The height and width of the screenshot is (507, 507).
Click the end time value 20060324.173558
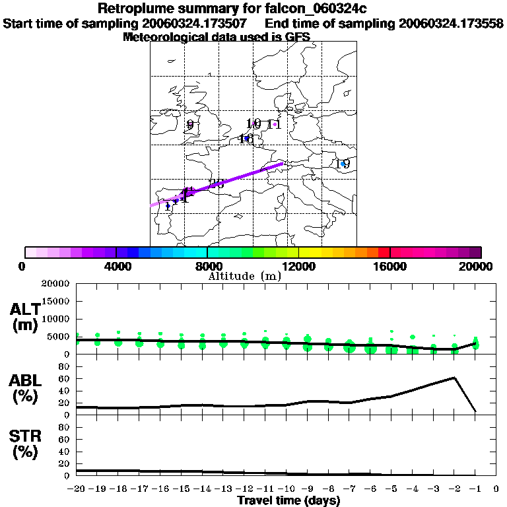coord(451,23)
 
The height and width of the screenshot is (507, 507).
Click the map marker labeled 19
coord(343,164)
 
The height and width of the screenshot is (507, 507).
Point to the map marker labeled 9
coord(190,124)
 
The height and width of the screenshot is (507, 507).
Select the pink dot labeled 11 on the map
coord(275,123)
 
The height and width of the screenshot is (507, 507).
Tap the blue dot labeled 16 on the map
coord(246,138)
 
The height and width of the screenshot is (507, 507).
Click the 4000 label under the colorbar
coord(116,266)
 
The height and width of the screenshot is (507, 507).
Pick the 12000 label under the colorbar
coord(299,266)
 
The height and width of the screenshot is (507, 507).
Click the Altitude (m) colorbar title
coord(244,276)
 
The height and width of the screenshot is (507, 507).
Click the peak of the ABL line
coord(454,378)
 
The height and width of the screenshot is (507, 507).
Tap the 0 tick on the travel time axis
coord(496,489)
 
